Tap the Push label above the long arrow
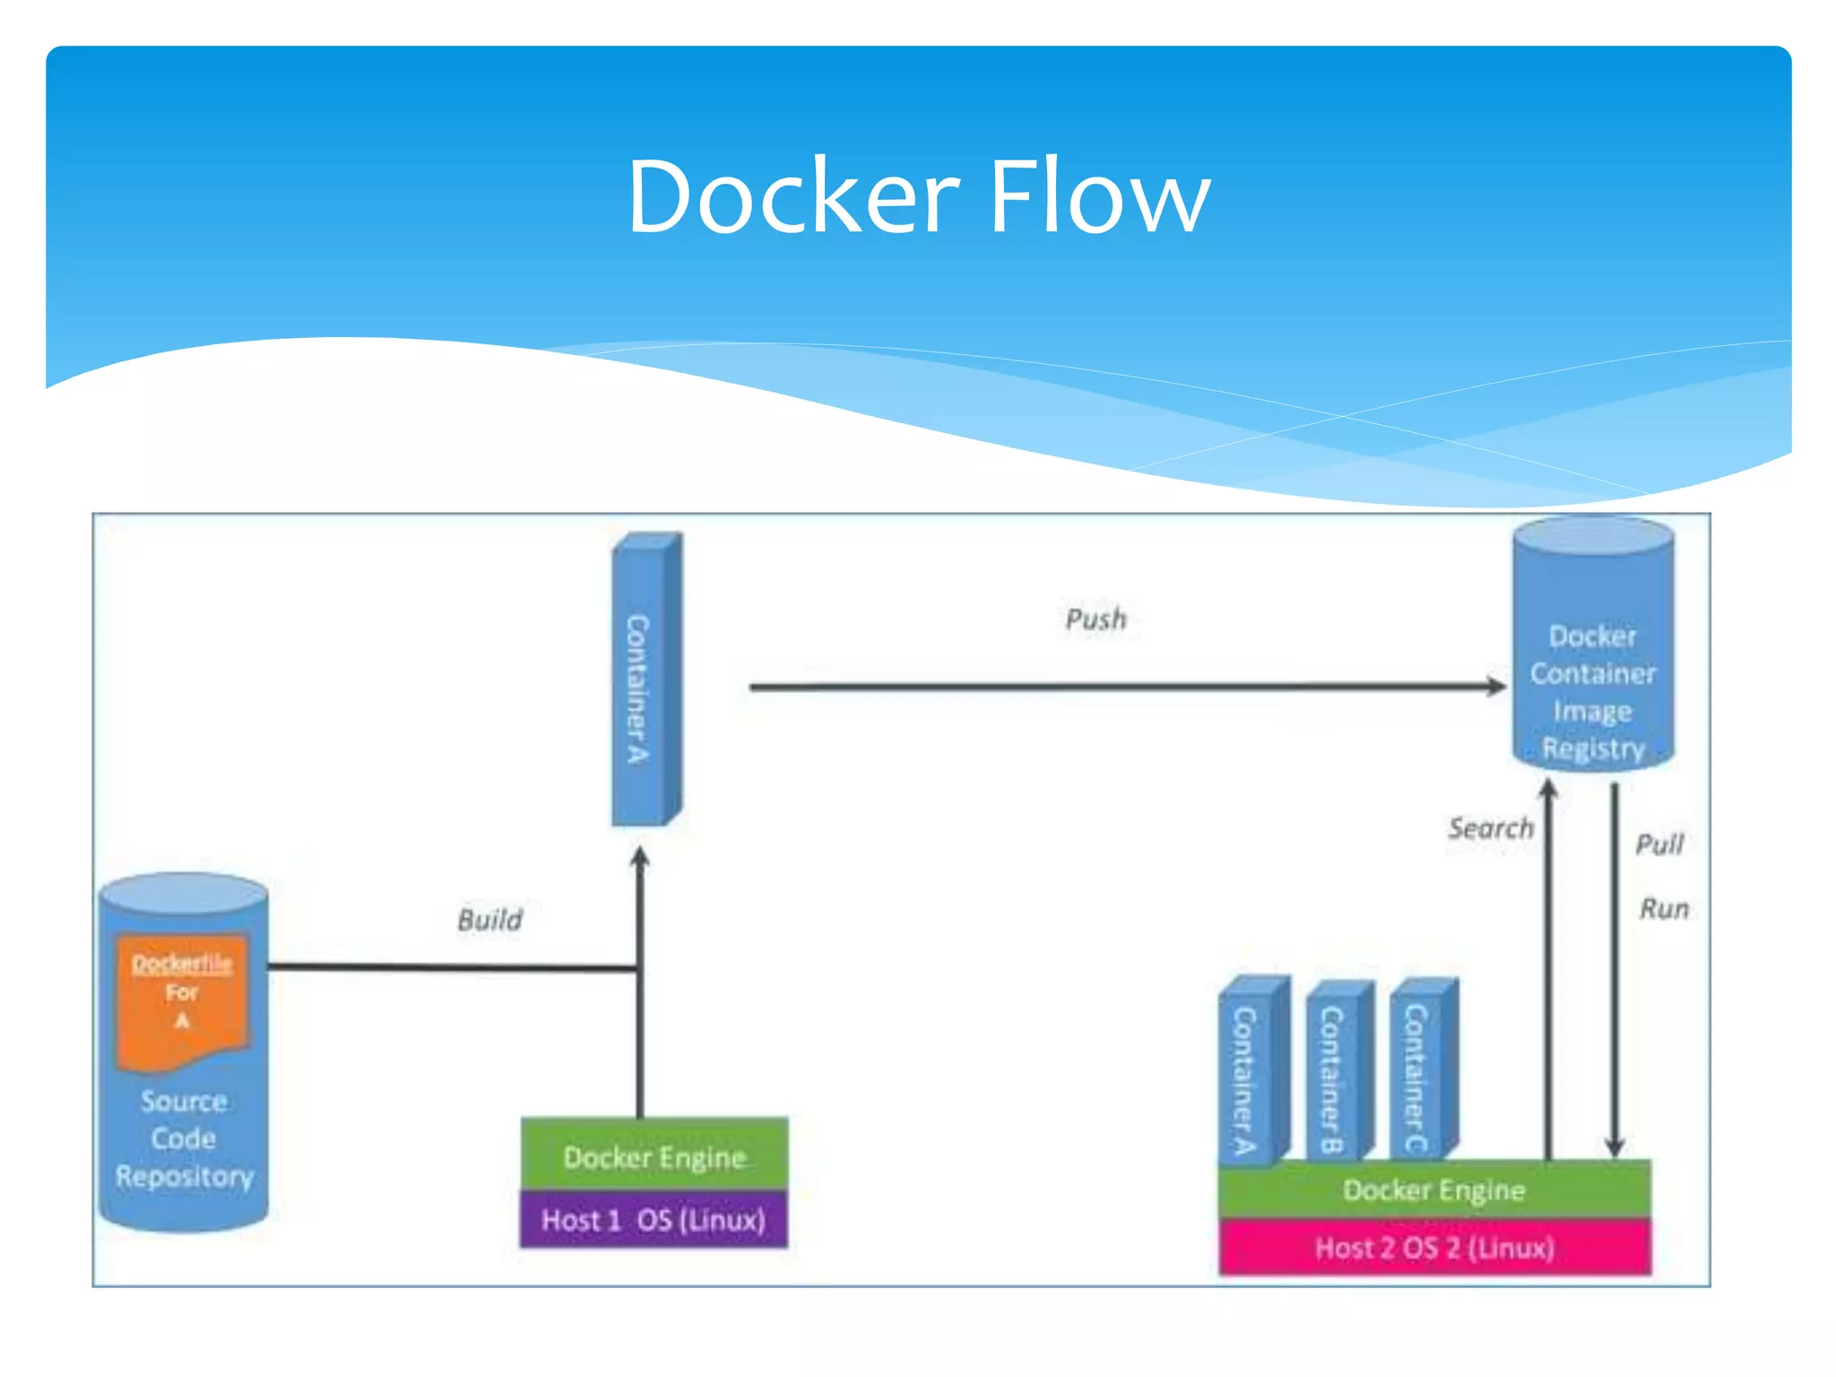(x=1096, y=619)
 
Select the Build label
(x=489, y=920)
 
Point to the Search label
(x=1491, y=828)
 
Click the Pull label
(x=1659, y=844)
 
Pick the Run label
(x=1664, y=909)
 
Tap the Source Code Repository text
(x=184, y=1139)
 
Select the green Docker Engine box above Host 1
(x=654, y=1156)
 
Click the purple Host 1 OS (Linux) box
(x=654, y=1220)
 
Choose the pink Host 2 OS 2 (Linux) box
(x=1434, y=1248)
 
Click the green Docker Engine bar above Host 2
(x=1434, y=1191)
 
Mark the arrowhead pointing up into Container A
(x=640, y=857)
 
